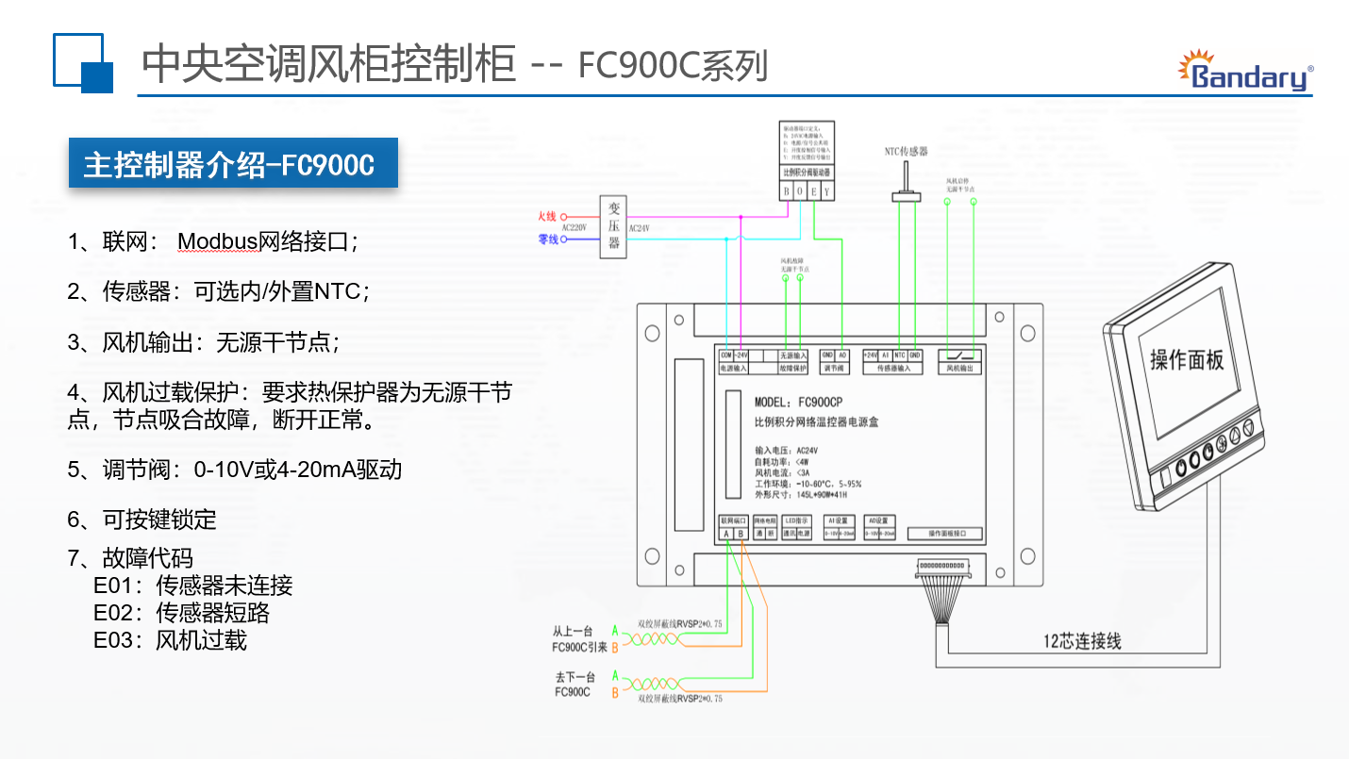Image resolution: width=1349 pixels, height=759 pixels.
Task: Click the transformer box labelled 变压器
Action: pos(614,226)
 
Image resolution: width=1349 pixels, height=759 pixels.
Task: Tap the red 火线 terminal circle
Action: pos(564,217)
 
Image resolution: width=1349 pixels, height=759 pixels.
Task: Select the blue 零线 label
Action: pos(548,239)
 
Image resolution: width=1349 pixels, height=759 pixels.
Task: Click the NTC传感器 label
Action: pos(906,151)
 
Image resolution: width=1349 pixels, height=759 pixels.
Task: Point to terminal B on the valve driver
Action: pos(786,191)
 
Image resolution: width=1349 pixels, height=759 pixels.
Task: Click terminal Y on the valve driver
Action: pos(827,191)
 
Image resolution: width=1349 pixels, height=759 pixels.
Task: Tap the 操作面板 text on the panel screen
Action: pos(1187,359)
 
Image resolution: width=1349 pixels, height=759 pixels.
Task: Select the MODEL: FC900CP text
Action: pos(799,402)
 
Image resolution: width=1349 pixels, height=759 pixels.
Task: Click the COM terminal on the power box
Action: pos(726,355)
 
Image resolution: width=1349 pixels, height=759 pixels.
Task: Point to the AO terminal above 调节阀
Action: pos(842,355)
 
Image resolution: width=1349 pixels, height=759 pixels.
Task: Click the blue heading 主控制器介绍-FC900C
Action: pos(229,165)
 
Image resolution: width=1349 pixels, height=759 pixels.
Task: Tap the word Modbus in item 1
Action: pos(218,241)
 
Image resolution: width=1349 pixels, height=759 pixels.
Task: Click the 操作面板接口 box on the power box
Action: pos(945,534)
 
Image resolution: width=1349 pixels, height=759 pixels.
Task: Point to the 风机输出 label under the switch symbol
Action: pos(959,369)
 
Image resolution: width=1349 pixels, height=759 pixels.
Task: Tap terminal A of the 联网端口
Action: pos(725,535)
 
